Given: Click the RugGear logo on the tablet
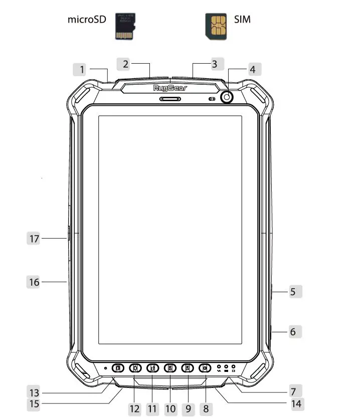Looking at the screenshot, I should tap(170, 88).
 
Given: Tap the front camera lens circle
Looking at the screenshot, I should tap(228, 97).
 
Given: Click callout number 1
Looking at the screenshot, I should tap(82, 69).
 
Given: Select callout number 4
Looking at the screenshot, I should tap(253, 69).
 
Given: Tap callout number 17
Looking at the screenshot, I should tap(34, 239).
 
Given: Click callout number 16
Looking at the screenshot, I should tap(34, 282).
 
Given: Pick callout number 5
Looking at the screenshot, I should tap(293, 291).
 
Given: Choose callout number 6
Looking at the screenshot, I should tap(293, 332).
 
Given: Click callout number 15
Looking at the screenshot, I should tap(34, 403).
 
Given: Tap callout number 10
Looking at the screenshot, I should tap(170, 408).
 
